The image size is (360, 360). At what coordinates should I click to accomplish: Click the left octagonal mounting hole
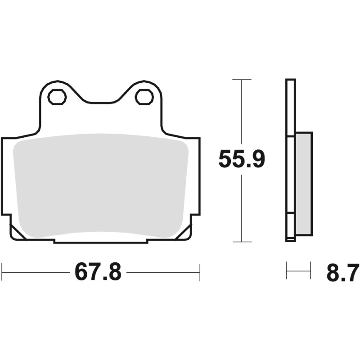click(57, 97)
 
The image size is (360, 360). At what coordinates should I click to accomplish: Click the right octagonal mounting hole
click(144, 97)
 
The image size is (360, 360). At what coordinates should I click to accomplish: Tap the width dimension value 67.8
click(98, 272)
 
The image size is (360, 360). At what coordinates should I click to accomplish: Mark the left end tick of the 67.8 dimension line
click(2, 272)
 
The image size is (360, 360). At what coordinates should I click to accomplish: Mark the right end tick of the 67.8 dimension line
click(199, 272)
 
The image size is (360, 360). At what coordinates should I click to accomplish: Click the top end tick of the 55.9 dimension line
click(242, 80)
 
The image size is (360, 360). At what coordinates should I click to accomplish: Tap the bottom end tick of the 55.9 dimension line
click(242, 242)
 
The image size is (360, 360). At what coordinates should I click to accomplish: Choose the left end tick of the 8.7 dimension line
click(287, 270)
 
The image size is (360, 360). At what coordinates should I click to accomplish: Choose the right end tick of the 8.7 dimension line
click(310, 270)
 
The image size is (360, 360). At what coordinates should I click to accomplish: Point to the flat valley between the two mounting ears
click(100, 102)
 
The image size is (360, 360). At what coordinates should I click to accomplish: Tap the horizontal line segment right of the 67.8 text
click(162, 272)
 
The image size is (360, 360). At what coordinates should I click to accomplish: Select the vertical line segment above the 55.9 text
click(242, 112)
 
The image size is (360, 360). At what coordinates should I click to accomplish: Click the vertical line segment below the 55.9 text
click(242, 207)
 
